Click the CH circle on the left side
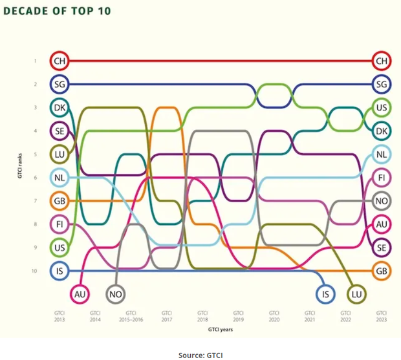[59, 61]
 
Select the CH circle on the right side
[381, 61]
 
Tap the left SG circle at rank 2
[59, 84]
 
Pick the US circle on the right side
[381, 108]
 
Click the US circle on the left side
[59, 247]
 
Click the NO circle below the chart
[116, 294]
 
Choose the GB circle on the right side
[381, 271]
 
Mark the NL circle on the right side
[381, 154]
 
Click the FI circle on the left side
[59, 224]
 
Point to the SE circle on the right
[381, 248]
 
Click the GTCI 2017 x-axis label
[166, 315]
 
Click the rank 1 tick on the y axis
[36, 61]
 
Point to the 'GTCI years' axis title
[220, 330]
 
